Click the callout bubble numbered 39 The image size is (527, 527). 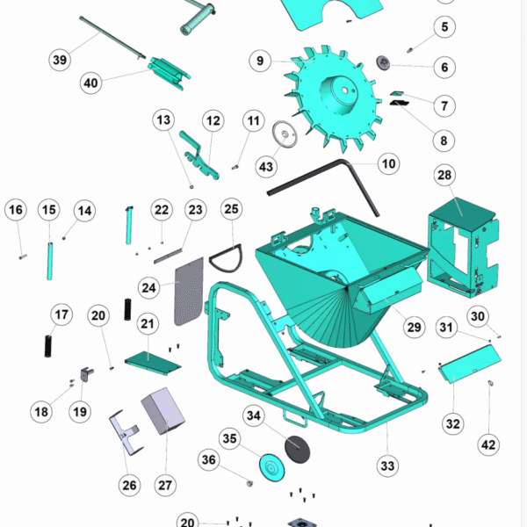[x=60, y=60]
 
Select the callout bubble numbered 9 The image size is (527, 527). [x=260, y=61]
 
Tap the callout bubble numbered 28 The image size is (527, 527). [x=444, y=175]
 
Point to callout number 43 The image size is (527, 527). [x=266, y=167]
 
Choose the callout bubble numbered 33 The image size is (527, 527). [x=387, y=466]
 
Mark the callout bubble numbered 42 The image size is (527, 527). [x=488, y=445]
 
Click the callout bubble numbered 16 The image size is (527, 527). [x=16, y=210]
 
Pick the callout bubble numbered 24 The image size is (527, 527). [x=149, y=288]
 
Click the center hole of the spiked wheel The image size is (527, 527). [x=345, y=90]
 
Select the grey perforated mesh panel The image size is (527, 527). [x=189, y=292]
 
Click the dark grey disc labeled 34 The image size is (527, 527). [x=298, y=449]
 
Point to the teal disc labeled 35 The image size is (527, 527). [x=272, y=468]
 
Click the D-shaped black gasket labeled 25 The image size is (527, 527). [x=226, y=258]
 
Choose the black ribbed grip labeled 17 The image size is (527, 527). [x=48, y=346]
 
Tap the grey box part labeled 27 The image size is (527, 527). [x=163, y=410]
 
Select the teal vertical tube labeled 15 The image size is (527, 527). [x=50, y=261]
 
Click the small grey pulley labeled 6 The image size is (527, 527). [x=383, y=63]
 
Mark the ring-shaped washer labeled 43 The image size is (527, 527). [x=285, y=134]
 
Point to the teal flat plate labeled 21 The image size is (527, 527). [x=153, y=363]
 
